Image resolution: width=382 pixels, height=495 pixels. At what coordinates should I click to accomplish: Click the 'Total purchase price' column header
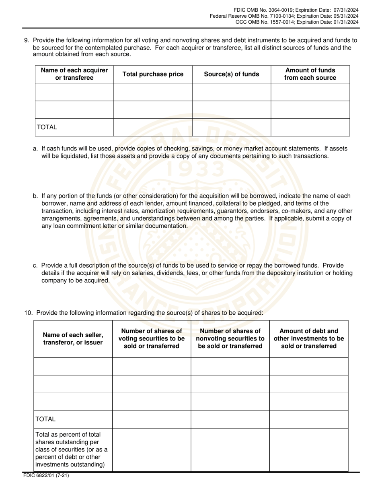click(x=153, y=74)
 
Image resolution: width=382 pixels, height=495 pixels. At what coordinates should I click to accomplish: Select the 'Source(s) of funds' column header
click(x=232, y=74)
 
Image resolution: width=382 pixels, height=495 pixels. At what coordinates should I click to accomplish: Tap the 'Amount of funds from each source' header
click(x=310, y=74)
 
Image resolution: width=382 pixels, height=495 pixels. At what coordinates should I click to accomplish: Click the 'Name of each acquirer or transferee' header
click(x=74, y=74)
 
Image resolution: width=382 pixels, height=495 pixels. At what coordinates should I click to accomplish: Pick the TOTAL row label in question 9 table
click(x=47, y=127)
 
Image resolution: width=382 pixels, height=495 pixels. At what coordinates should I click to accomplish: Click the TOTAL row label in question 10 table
click(x=45, y=419)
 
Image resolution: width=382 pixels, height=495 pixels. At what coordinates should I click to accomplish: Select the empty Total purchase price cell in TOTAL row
click(x=153, y=127)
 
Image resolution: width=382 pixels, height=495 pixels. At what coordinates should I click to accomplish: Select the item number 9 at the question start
click(x=27, y=40)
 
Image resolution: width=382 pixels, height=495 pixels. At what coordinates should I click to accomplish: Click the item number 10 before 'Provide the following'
click(x=28, y=313)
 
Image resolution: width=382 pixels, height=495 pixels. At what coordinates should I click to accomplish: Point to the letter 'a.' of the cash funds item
click(x=35, y=149)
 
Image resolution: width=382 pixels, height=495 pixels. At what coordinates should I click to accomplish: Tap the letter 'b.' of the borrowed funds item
click(x=35, y=196)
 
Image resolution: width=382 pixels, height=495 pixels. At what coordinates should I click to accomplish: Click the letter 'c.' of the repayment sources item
click(x=35, y=266)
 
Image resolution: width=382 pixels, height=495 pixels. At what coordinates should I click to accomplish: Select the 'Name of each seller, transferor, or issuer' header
click(x=73, y=338)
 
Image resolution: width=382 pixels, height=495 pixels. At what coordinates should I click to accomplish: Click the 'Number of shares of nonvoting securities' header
click(x=230, y=338)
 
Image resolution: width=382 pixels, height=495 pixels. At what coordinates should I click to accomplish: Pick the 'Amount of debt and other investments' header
click(x=309, y=338)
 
